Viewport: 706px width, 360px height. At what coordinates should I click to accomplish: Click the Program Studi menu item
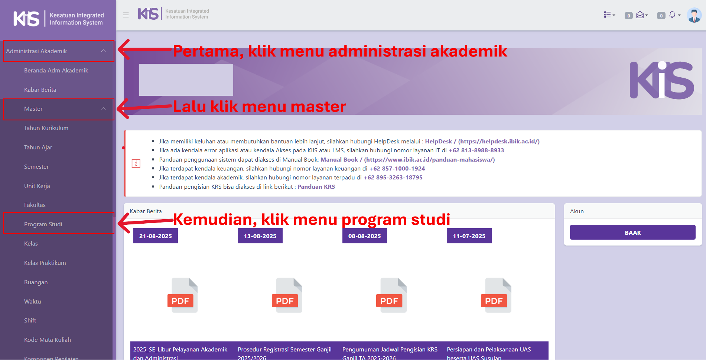tap(43, 224)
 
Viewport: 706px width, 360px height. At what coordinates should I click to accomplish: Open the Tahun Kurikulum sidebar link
tap(46, 128)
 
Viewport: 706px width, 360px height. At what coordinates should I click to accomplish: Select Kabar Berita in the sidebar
tap(40, 90)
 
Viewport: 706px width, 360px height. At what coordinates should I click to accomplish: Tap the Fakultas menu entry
tap(35, 205)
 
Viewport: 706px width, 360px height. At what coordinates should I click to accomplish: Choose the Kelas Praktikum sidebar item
tap(45, 263)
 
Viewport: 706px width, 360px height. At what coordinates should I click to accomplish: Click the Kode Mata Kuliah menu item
tap(48, 340)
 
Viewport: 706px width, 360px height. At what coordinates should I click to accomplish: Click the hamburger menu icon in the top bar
tap(126, 15)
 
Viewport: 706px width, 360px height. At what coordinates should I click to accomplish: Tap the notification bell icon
tap(672, 14)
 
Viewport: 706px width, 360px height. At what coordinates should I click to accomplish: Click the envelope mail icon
tap(640, 15)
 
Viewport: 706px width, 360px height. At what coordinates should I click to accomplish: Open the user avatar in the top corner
tap(694, 15)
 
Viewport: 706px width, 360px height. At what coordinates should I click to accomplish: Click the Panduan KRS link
tap(316, 187)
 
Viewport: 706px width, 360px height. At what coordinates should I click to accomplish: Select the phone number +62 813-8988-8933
tap(476, 150)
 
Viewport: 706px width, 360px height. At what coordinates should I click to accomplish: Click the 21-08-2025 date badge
tap(156, 236)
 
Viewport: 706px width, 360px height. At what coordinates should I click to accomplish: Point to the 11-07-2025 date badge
tap(469, 236)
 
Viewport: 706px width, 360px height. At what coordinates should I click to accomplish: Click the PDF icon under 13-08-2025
tap(287, 295)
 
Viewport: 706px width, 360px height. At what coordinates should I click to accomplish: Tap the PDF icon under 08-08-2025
tap(391, 295)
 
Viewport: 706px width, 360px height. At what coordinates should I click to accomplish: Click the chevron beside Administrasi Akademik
tap(103, 51)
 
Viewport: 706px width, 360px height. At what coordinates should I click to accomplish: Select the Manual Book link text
tap(339, 159)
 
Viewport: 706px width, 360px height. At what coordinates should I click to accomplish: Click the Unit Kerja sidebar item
tap(37, 186)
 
